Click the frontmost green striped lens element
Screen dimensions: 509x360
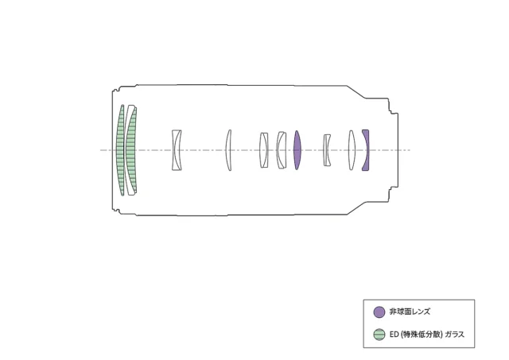point(121,150)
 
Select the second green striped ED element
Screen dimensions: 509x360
point(130,150)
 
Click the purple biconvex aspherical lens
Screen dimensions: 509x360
point(297,150)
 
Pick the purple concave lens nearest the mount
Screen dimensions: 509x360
point(367,150)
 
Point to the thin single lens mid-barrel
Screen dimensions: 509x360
point(228,150)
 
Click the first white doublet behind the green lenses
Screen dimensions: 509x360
point(177,150)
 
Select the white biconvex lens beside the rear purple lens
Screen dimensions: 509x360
point(352,150)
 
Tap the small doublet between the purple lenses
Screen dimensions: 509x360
point(327,150)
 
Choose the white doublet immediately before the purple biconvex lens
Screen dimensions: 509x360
point(281,150)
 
